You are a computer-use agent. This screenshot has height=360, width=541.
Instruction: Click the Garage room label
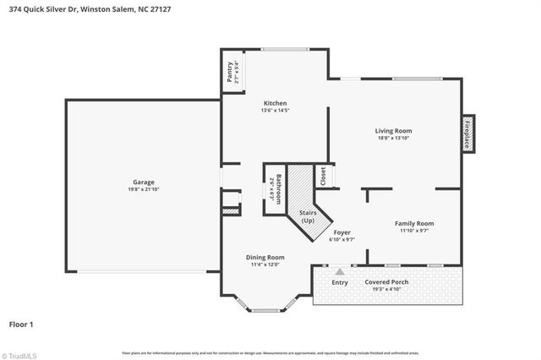(142, 182)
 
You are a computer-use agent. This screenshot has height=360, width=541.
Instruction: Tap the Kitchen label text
(275, 101)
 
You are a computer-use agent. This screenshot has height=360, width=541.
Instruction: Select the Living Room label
(393, 130)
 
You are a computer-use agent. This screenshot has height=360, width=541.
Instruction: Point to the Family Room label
(413, 223)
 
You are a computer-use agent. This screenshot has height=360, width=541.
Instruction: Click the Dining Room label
(265, 257)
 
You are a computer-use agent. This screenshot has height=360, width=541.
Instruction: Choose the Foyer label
(342, 232)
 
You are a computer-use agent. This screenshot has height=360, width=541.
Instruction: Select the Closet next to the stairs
(321, 175)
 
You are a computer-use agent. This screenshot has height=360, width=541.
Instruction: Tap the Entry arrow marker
(340, 272)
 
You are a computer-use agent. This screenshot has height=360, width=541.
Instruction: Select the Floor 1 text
(21, 324)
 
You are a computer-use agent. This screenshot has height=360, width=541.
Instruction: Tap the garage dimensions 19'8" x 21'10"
(142, 189)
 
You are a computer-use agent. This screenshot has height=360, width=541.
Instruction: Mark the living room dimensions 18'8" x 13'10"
(393, 138)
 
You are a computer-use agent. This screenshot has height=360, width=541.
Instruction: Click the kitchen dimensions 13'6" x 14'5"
(275, 110)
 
